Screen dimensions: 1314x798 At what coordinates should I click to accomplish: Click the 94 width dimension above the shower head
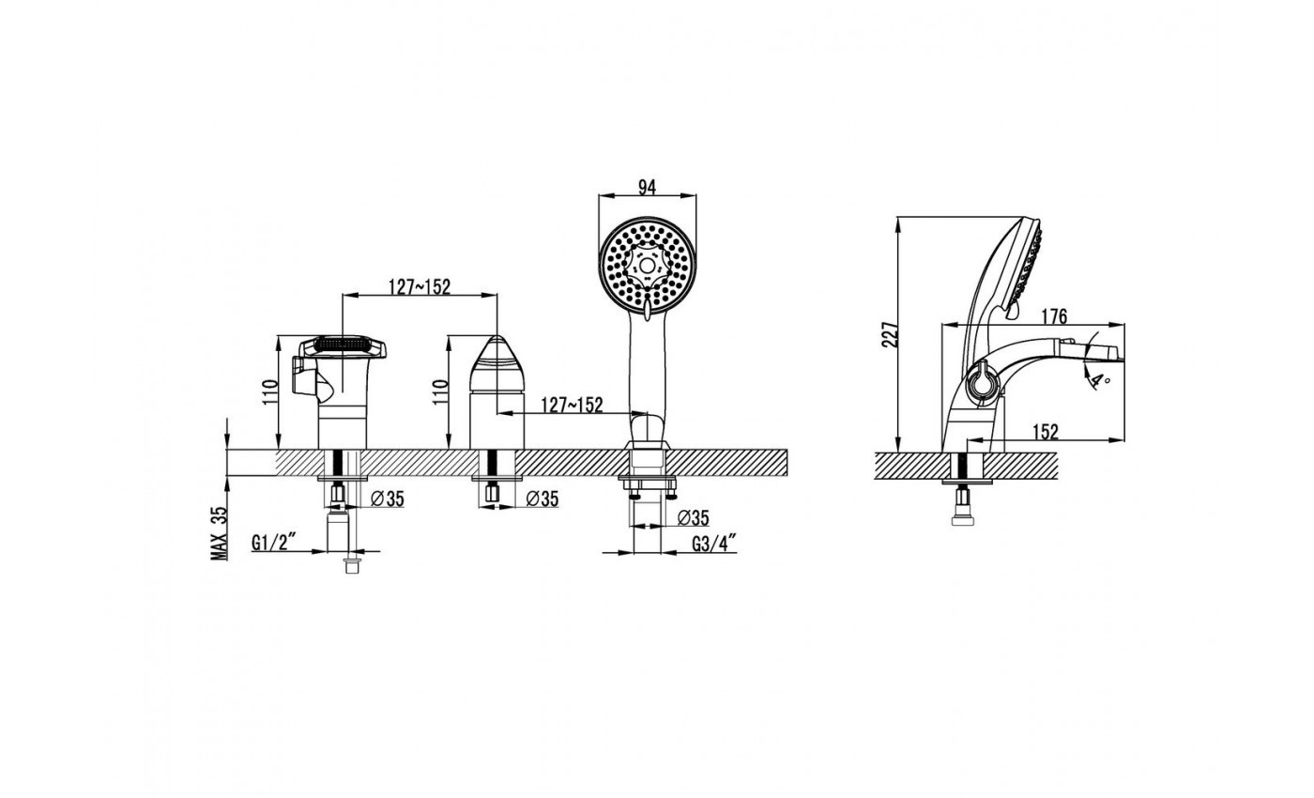click(647, 187)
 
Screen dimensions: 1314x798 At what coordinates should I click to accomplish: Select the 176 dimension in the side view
click(1053, 316)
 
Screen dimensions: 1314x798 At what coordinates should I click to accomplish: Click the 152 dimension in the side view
click(1046, 432)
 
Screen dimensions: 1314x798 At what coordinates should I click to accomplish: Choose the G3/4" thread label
click(714, 544)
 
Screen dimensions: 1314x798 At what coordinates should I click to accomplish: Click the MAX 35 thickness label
click(220, 533)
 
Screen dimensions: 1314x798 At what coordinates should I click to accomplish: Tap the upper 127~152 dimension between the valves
click(420, 287)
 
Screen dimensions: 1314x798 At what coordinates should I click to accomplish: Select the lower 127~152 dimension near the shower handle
click(572, 406)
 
